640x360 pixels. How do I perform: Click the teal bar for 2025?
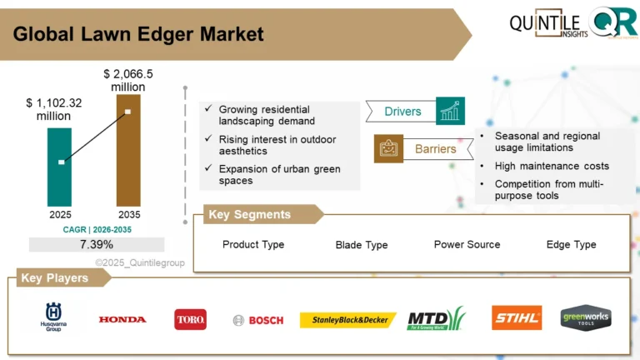coord(60,166)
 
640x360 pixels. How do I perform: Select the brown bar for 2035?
coord(127,150)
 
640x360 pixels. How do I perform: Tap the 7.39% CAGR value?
coord(97,244)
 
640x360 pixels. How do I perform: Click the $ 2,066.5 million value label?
coord(123,80)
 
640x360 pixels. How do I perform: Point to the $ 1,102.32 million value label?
coord(54,109)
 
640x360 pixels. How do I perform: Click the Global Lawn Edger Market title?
coord(138,34)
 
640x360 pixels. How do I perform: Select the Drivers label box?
coord(402,112)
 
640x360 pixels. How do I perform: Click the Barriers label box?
coord(435,149)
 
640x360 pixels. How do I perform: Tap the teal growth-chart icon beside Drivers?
coord(450,111)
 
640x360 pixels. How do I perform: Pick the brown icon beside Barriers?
coord(388,149)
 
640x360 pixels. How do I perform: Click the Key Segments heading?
coord(249,215)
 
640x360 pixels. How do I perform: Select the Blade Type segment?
coord(361,245)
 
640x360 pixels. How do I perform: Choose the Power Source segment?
coord(467,244)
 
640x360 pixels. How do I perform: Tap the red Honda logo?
coord(122,319)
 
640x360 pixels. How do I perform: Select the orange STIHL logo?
coord(516,318)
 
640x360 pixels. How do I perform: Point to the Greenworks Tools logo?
coord(585,317)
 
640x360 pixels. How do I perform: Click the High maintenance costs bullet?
coord(551,166)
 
